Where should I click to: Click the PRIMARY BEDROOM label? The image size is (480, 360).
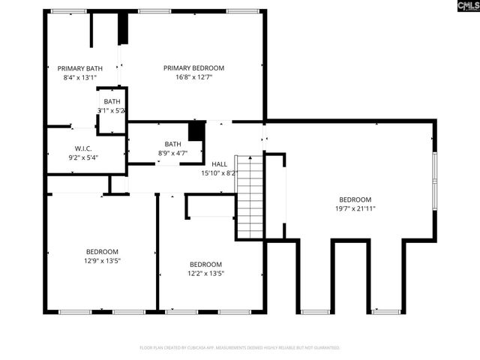coord(193,68)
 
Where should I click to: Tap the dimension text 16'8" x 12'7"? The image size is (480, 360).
coord(193,77)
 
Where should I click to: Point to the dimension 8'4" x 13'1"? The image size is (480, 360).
coord(79,77)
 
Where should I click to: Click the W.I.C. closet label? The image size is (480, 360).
coord(82,148)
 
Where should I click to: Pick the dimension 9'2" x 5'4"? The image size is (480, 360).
coord(82,157)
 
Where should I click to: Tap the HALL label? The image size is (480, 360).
coord(219,163)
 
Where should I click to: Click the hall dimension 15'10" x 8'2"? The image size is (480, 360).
coord(219,172)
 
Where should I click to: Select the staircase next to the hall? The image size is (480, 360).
coord(250,196)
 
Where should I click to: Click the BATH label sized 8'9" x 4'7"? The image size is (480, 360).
coord(172,144)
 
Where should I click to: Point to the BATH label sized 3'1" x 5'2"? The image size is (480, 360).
coord(112,102)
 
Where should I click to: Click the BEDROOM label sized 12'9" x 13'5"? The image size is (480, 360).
coord(101,252)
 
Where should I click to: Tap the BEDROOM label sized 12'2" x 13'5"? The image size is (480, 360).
coord(205,264)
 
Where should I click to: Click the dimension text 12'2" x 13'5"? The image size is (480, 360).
coord(205,273)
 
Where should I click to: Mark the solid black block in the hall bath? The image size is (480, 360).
coord(196,130)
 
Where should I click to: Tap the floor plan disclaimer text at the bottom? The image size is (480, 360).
coord(240,348)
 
